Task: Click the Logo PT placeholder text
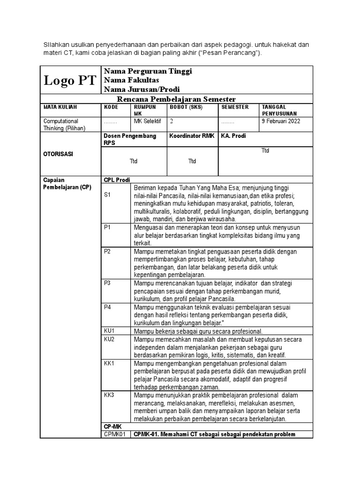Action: pos(70,81)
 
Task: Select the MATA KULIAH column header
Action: pos(60,107)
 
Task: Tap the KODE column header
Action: pos(111,107)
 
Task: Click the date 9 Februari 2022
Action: pos(281,121)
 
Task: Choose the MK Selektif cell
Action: pos(147,121)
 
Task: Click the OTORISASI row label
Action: pos(58,154)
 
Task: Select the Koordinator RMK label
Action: pos(192,136)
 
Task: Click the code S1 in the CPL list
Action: pos(107,195)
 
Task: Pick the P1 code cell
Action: pos(107,227)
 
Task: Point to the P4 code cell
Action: pos(107,307)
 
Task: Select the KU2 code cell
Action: pos(109,339)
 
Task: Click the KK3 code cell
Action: pos(109,395)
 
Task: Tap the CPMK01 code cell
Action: pos(114,435)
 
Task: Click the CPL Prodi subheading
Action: pos(117,180)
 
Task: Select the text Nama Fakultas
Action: pos(131,80)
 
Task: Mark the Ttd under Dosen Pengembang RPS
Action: pos(134,161)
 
